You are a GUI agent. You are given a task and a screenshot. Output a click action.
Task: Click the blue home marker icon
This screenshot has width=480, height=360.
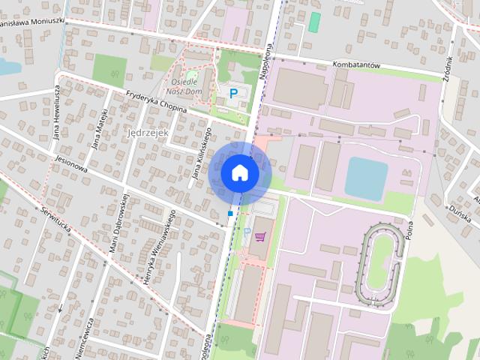(x=240, y=173)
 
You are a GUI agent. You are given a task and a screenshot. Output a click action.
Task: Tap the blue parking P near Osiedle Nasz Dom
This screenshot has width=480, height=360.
(x=233, y=94)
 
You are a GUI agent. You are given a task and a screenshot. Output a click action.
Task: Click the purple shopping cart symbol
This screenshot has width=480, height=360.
(x=260, y=237)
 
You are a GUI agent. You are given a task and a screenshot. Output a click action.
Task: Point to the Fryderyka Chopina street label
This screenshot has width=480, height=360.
(x=155, y=100)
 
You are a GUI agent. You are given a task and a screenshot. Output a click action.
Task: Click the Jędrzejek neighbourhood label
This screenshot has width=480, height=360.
(x=149, y=133)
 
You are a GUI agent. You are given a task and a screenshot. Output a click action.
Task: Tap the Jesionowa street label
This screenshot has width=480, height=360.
(x=71, y=164)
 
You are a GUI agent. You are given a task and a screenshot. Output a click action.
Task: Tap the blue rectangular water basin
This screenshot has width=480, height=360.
(x=366, y=178)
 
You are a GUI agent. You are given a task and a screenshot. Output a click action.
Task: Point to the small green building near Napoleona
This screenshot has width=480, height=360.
(x=314, y=22)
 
